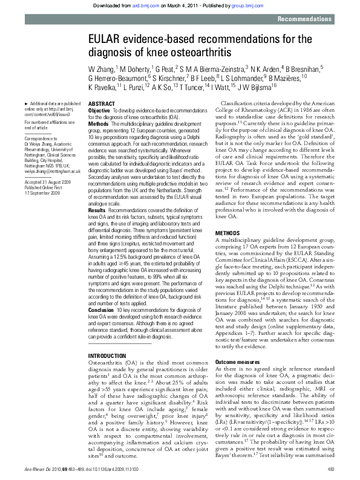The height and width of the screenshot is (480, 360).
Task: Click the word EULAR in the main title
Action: (107, 41)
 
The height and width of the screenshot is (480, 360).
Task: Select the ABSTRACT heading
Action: (101, 104)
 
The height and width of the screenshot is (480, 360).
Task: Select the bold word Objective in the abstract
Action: (99, 111)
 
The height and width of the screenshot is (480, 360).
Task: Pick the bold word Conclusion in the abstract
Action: (101, 293)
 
